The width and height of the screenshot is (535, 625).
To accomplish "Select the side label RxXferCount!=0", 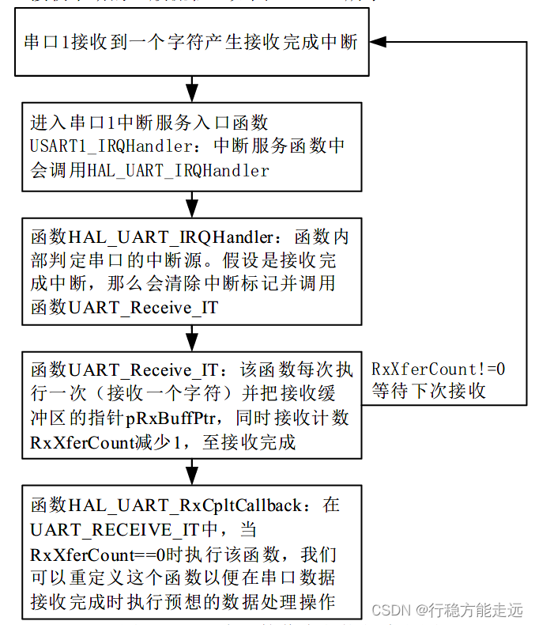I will [x=439, y=369].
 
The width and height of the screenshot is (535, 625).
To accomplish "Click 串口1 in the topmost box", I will [x=46, y=42].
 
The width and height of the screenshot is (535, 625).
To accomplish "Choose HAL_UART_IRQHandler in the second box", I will [x=178, y=170].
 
